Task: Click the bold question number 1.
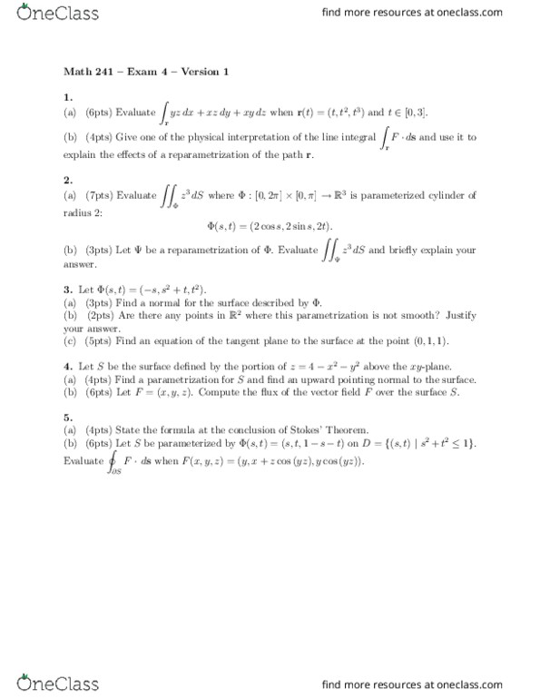(68, 96)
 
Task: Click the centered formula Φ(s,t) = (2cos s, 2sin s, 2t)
(270, 225)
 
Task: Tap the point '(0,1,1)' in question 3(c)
(408, 340)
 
